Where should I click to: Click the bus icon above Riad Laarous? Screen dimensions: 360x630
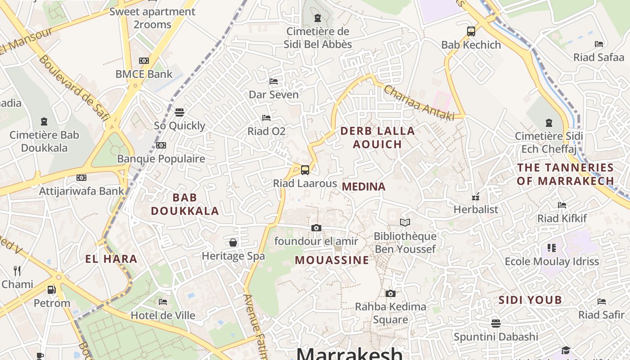[305, 170]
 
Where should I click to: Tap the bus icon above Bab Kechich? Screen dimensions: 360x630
[471, 31]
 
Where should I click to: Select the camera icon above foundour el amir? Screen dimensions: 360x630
[316, 228]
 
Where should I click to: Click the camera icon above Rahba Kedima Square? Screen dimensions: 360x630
[391, 293]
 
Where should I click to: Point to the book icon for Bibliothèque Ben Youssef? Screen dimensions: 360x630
[405, 222]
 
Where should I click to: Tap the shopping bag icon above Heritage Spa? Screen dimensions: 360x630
[233, 243]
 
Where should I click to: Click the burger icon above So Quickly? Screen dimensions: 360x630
[180, 112]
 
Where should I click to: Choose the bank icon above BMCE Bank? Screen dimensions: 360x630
[144, 61]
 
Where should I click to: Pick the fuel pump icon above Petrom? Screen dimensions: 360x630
[52, 290]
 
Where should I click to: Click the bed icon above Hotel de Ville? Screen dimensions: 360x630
[163, 301]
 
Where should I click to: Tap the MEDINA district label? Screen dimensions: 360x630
[364, 186]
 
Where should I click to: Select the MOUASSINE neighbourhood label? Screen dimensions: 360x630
[332, 260]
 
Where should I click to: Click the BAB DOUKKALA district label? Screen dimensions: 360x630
[185, 204]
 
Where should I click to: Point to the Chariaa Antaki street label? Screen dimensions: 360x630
[418, 103]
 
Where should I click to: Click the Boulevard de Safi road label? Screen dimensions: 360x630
[74, 88]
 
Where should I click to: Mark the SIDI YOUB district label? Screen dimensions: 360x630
[530, 300]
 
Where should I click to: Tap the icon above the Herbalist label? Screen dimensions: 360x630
[476, 197]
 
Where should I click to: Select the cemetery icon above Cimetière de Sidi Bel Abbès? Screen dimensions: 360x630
[318, 18]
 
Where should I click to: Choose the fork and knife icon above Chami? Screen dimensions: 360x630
[17, 270]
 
